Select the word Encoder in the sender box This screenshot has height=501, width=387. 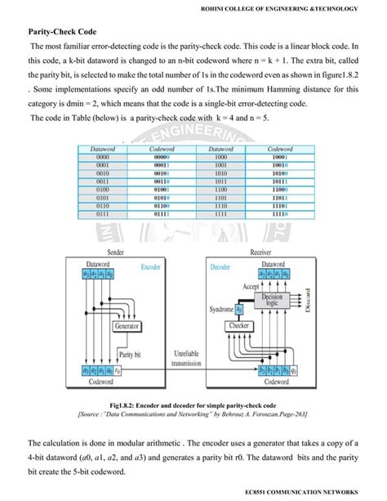click(150, 267)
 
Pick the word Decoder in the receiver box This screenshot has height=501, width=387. click(216, 267)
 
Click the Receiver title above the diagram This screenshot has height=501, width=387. click(260, 253)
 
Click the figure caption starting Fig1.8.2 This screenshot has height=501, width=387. click(193, 405)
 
